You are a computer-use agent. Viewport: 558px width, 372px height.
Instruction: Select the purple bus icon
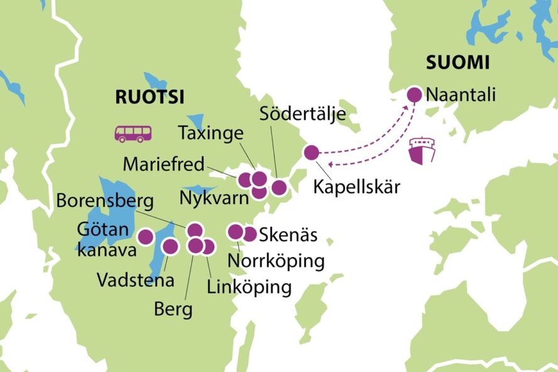coord(133,133)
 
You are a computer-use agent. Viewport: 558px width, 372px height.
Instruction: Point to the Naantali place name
coord(461,95)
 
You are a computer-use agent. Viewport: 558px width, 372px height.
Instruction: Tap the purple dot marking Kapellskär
coord(311,152)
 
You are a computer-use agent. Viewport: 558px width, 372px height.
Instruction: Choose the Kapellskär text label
coord(356,187)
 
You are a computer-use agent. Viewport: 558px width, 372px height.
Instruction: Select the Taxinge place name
coord(210,134)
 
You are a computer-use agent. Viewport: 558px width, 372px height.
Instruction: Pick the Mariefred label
coord(164,165)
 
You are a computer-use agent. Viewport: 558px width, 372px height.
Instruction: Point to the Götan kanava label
coord(104,239)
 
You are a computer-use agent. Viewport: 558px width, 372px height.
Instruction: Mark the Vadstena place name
coord(135,280)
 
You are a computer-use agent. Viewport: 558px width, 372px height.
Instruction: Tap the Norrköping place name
coord(276,260)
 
